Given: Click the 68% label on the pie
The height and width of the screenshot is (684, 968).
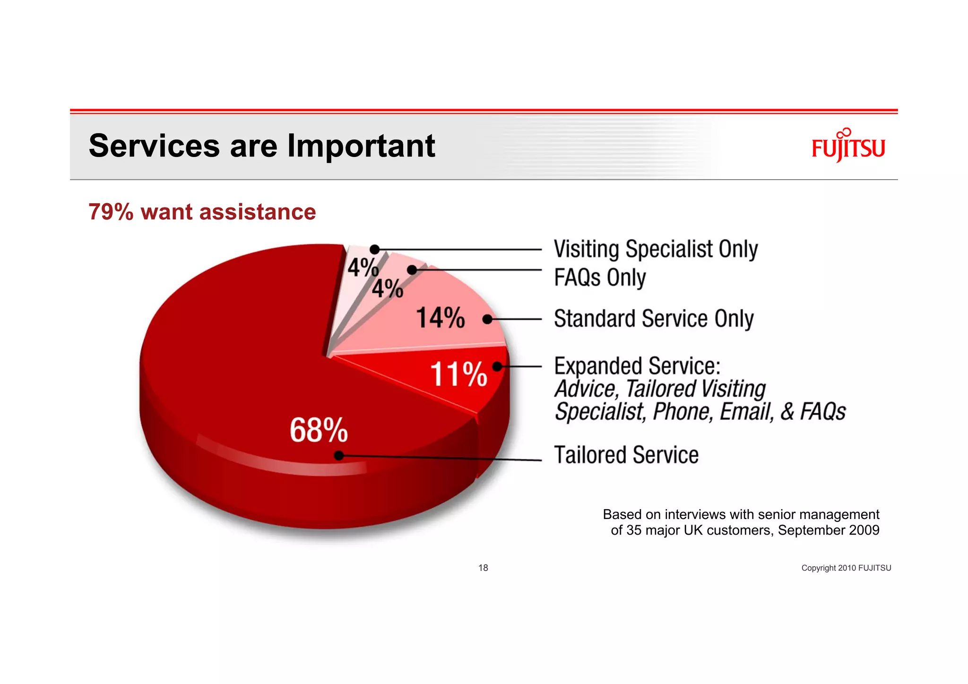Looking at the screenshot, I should tap(319, 430).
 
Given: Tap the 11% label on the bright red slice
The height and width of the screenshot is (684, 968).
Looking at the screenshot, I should tap(458, 374).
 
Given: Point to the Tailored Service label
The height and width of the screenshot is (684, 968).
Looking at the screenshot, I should tap(626, 455).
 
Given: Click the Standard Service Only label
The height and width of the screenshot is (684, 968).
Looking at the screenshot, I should tap(654, 319).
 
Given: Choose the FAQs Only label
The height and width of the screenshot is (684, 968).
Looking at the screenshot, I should tap(600, 277).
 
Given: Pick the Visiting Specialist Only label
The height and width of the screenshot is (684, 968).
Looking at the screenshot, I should tap(656, 249).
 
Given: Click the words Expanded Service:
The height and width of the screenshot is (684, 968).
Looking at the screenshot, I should tap(637, 366).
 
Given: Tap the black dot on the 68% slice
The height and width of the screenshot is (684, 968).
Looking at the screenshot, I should tap(339, 455).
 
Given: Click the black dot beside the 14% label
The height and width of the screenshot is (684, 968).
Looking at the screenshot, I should tap(487, 320).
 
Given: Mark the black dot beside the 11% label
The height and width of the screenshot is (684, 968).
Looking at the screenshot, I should tap(497, 366).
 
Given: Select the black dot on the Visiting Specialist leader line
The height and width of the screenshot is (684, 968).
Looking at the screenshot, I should tap(374, 249).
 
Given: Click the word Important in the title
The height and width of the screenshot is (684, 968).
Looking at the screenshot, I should tap(361, 146).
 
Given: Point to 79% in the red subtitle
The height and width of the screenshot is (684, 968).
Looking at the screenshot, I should tap(111, 212).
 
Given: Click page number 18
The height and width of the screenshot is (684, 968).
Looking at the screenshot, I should tap(483, 568).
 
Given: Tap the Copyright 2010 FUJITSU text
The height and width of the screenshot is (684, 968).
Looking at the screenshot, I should tap(846, 568).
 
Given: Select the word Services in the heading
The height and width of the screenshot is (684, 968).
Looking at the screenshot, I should tap(154, 146).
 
